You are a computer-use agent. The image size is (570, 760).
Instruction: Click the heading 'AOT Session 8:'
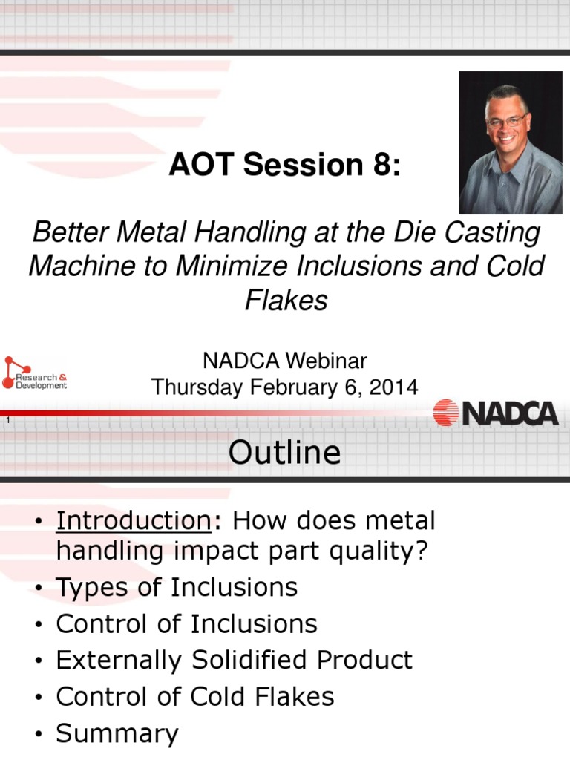[284, 166]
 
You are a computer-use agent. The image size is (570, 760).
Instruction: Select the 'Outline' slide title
[284, 452]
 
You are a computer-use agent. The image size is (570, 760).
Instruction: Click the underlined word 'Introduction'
[134, 521]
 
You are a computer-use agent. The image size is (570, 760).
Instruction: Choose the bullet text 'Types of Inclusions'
[177, 588]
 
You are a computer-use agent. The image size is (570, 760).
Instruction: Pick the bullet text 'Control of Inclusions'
[186, 624]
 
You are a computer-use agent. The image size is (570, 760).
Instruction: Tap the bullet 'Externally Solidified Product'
[234, 661]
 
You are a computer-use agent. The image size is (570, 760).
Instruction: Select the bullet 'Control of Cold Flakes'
[195, 697]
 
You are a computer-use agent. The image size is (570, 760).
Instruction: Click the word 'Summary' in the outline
[117, 734]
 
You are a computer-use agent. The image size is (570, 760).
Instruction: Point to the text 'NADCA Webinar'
[285, 361]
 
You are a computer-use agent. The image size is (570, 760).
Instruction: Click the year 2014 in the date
[396, 387]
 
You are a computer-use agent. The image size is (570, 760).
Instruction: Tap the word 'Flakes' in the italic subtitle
[286, 300]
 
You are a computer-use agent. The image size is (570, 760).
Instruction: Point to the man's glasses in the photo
[508, 119]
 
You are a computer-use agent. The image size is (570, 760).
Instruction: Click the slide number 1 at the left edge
[7, 422]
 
